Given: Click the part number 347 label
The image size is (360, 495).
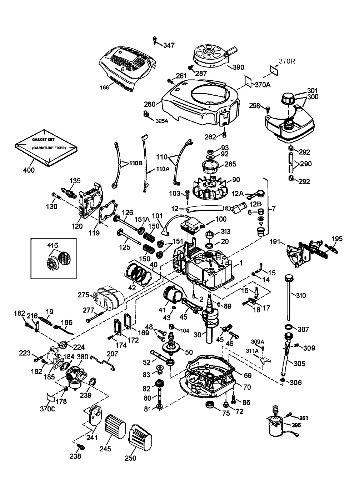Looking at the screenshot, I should click(x=169, y=45).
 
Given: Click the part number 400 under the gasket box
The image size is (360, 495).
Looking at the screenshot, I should click(x=29, y=170).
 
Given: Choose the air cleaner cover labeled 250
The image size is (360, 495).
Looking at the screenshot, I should click(x=142, y=436).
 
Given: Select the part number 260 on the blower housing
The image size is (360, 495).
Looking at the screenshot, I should click(x=150, y=104).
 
